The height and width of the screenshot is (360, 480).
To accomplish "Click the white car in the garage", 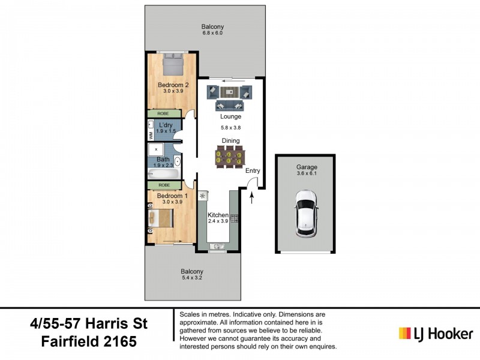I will point(306,214).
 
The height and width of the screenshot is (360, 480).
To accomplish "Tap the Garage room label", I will point(306,167).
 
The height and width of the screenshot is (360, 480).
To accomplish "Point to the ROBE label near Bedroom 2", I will point(163,113).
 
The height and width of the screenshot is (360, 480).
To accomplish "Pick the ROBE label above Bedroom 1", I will point(163,185).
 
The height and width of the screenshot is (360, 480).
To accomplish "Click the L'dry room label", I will point(165,125).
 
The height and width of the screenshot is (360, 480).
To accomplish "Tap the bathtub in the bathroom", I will point(163,175).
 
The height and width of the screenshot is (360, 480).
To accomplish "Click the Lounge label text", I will point(230,116).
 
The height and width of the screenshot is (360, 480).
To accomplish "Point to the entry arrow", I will point(252,196).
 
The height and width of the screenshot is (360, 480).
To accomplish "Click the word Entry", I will point(253,170).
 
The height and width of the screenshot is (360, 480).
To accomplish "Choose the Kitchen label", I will point(218,215).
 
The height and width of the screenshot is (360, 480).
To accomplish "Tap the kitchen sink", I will point(217,245).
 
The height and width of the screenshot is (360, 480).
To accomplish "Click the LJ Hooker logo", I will point(436,333).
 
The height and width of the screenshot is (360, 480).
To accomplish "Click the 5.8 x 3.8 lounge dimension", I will point(231,127).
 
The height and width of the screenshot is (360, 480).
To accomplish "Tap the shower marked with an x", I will point(157,149).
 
